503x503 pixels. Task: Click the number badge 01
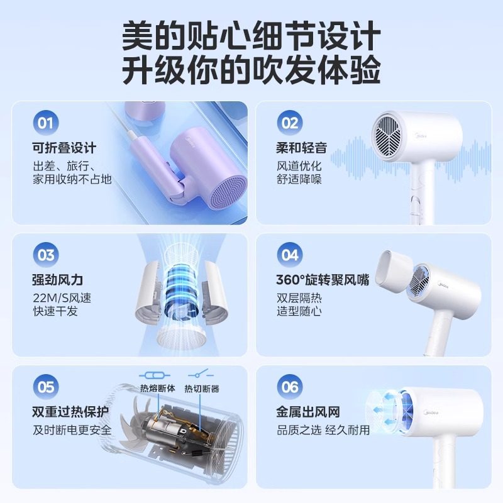click(x=45, y=123)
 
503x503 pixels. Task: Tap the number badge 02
click(x=289, y=123)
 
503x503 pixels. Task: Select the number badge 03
click(x=45, y=255)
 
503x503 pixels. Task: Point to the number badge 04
click(x=289, y=255)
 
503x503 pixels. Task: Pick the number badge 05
click(x=45, y=387)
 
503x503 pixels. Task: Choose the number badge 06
click(x=289, y=387)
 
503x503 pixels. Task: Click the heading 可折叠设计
click(x=64, y=148)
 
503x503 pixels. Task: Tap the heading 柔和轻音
click(x=302, y=148)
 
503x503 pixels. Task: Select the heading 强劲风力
click(x=58, y=280)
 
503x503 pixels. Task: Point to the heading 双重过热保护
click(x=70, y=412)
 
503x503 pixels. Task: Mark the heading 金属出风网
click(x=308, y=412)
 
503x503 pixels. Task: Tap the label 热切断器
click(x=202, y=389)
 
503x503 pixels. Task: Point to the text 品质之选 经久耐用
click(x=323, y=430)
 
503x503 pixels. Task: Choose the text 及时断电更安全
click(x=72, y=430)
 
